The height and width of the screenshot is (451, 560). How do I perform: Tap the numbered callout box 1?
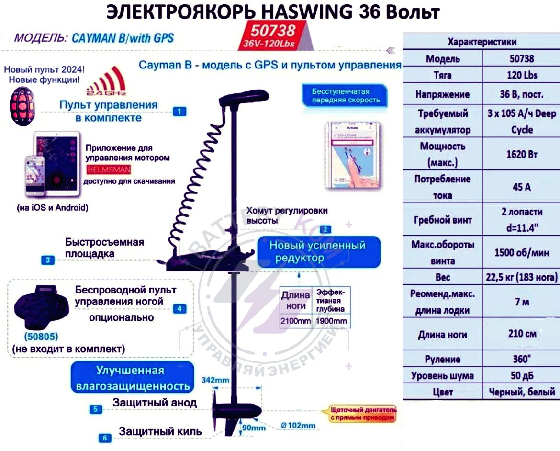[x=179, y=112]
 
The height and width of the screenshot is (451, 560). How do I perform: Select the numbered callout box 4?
[x=179, y=309]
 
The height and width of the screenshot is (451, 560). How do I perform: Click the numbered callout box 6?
[x=105, y=437]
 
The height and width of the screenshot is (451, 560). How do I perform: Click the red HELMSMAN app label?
[x=109, y=169]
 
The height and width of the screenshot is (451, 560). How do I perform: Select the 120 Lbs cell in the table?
[x=521, y=75]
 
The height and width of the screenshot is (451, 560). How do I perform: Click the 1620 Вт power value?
[x=521, y=154]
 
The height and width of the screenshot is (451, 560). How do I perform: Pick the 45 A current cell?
[x=521, y=187]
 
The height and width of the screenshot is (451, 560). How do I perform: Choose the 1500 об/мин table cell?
[x=521, y=252]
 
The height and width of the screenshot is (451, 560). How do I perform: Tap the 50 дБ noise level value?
[x=521, y=375]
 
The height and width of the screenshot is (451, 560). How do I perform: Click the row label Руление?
[x=442, y=359]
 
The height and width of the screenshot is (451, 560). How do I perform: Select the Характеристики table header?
[x=482, y=42]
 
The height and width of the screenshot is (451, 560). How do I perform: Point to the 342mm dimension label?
[x=215, y=380]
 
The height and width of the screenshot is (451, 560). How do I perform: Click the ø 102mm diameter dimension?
[x=298, y=425]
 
